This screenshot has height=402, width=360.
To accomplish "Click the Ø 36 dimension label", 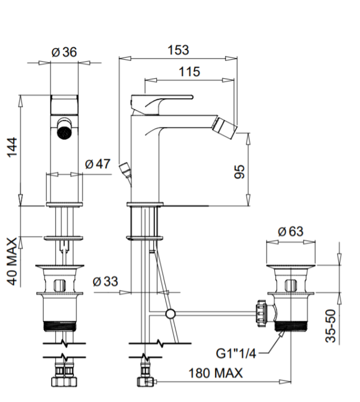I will pyautogui.click(x=64, y=52).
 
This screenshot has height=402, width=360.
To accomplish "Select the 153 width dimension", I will pyautogui.click(x=178, y=50).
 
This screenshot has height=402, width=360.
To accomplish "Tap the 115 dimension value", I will pyautogui.click(x=189, y=72).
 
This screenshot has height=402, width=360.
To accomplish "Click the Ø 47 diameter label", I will pyautogui.click(x=98, y=164).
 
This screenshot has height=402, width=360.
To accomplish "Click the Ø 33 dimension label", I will pyautogui.click(x=104, y=282).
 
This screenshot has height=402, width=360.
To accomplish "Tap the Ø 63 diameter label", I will pyautogui.click(x=291, y=232).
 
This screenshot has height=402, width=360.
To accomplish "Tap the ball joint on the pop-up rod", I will pyautogui.click(x=170, y=314).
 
